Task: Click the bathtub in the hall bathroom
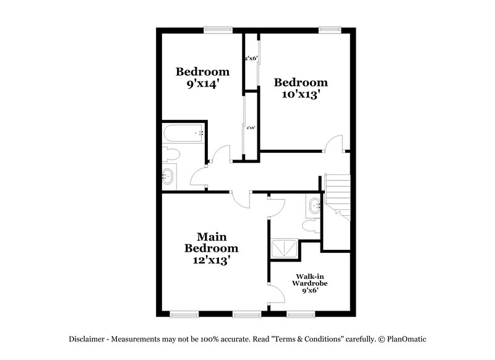pyautogui.click(x=183, y=132)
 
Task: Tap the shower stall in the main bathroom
pyautogui.click(x=283, y=249)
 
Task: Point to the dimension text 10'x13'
pyautogui.click(x=301, y=95)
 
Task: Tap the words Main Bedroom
pyautogui.click(x=211, y=242)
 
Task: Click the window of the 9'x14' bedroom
pyautogui.click(x=218, y=28)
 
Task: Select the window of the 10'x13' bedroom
pyautogui.click(x=330, y=28)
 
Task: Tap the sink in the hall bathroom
pyautogui.click(x=168, y=176)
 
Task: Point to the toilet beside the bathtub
pyautogui.click(x=170, y=152)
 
